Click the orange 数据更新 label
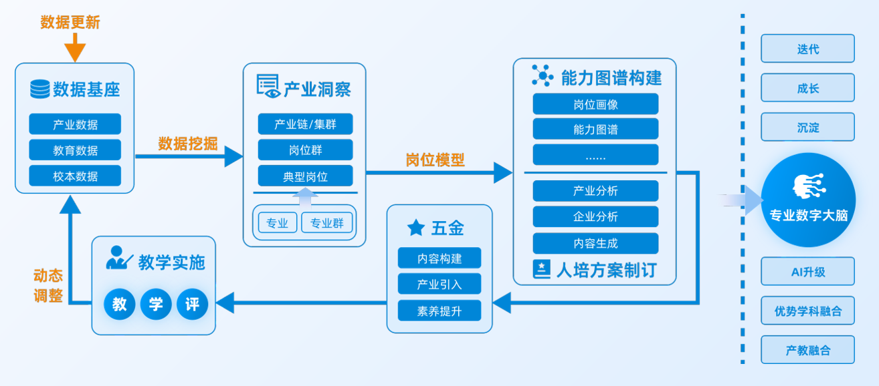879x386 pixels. [70, 22]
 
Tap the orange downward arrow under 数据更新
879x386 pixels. [75, 47]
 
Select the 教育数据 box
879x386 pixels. [75, 150]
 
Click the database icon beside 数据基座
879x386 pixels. [39, 89]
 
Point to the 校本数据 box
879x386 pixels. [75, 176]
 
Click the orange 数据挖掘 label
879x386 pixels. [187, 143]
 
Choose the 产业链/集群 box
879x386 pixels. [305, 124]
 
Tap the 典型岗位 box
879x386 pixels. [305, 176]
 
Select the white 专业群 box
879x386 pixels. [326, 223]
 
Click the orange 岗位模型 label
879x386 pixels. [435, 160]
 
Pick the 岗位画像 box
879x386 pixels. [595, 104]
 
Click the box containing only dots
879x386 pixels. [595, 156]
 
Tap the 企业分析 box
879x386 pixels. [595, 216]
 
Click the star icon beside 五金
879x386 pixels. [415, 228]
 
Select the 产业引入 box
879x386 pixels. [440, 284]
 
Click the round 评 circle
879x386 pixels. [192, 305]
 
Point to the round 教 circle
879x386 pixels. [120, 305]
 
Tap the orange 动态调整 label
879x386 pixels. [48, 285]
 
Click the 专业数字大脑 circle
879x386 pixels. [808, 200]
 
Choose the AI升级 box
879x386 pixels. [807, 272]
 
